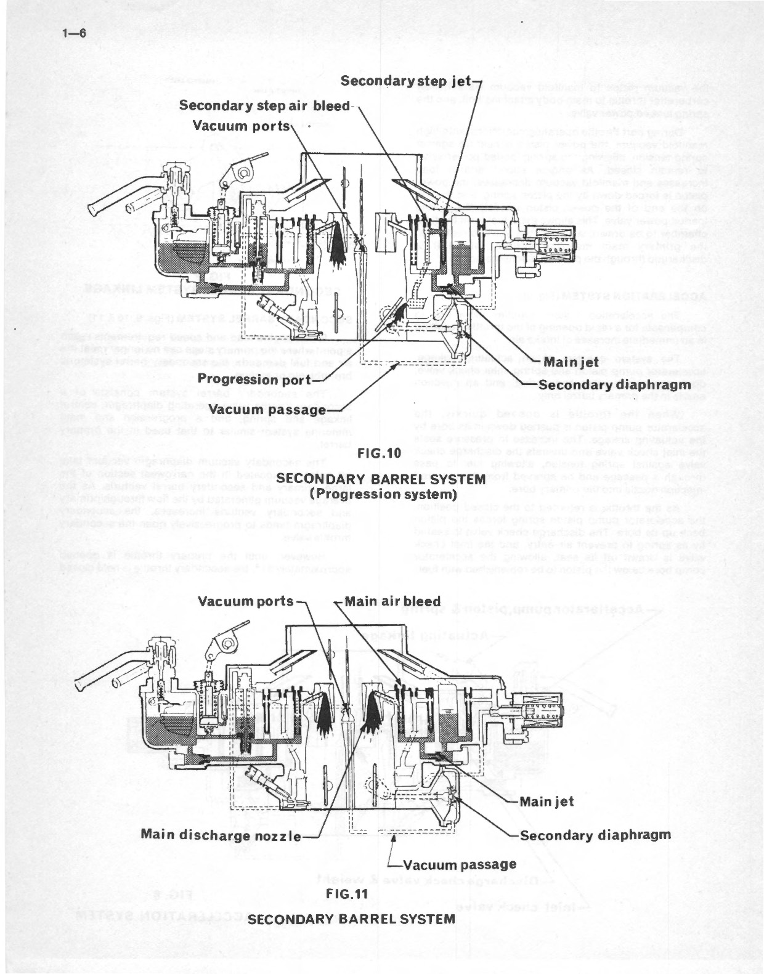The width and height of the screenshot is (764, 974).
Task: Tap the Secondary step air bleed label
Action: point(264,105)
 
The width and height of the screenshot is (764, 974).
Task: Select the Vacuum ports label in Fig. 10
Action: point(241,126)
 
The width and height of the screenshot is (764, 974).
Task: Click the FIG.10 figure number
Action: point(380,453)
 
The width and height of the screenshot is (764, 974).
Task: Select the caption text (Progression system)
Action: point(383,494)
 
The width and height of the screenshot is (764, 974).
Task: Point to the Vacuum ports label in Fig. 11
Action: point(246,601)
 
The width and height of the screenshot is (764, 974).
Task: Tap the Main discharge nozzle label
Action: point(221,835)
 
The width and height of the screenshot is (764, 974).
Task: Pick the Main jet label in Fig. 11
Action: point(547,802)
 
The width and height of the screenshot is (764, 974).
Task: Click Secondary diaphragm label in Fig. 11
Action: point(595,835)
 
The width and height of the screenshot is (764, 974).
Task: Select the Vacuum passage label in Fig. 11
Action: point(460,865)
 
